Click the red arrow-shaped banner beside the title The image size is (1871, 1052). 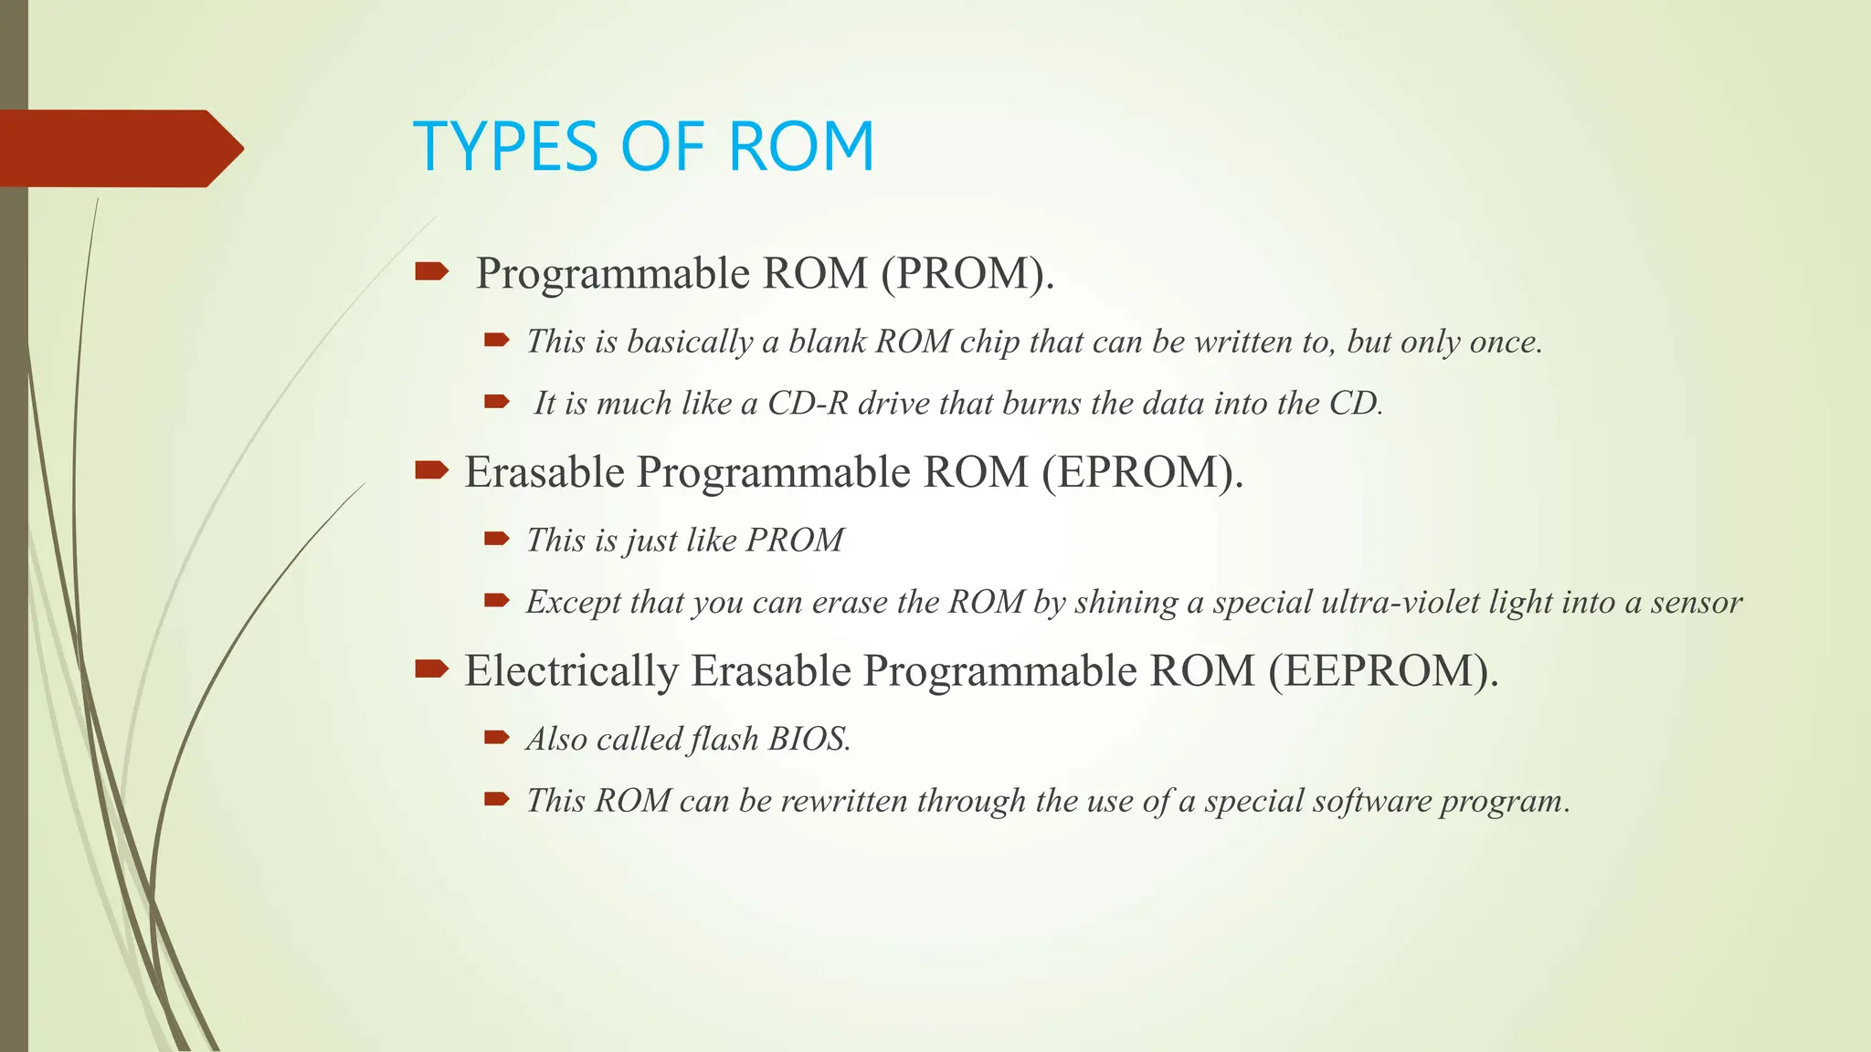point(119,149)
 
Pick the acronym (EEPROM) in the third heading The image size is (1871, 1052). point(1382,671)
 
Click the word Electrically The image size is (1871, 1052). point(571,671)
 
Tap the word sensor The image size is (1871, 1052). point(1697,603)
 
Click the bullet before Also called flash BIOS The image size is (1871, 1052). point(496,737)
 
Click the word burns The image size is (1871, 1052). point(1041,404)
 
